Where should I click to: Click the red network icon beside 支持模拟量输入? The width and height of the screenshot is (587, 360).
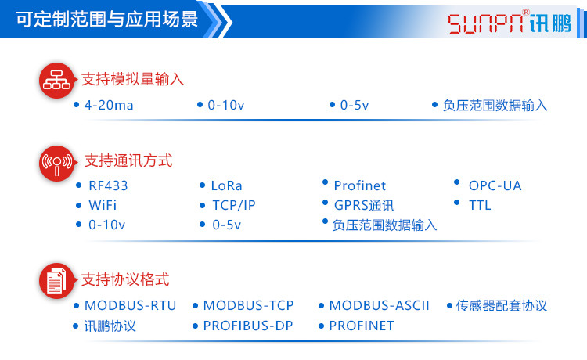click(x=56, y=81)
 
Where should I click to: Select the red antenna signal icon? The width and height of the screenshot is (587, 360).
click(x=56, y=162)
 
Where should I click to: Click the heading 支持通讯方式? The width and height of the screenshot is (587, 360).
click(x=128, y=161)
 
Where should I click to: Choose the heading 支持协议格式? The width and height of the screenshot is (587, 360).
click(x=126, y=279)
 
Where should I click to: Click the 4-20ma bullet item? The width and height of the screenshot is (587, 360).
click(x=109, y=105)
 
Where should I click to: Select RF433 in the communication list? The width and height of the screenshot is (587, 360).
click(x=108, y=185)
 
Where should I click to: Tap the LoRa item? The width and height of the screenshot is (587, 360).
click(x=226, y=185)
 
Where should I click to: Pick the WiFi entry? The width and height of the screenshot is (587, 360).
click(x=103, y=206)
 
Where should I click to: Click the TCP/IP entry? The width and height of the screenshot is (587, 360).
click(x=233, y=206)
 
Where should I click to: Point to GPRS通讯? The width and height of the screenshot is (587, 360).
click(x=364, y=206)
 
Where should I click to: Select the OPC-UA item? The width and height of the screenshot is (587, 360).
click(x=495, y=185)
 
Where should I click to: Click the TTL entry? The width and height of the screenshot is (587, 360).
click(x=480, y=205)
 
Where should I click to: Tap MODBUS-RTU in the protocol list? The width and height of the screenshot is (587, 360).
click(x=130, y=305)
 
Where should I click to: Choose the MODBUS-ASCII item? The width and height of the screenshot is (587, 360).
click(x=379, y=305)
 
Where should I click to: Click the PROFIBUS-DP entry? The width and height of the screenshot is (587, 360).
click(x=247, y=326)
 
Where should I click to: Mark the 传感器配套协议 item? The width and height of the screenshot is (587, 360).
click(x=501, y=305)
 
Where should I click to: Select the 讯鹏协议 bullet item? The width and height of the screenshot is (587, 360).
click(x=110, y=326)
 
